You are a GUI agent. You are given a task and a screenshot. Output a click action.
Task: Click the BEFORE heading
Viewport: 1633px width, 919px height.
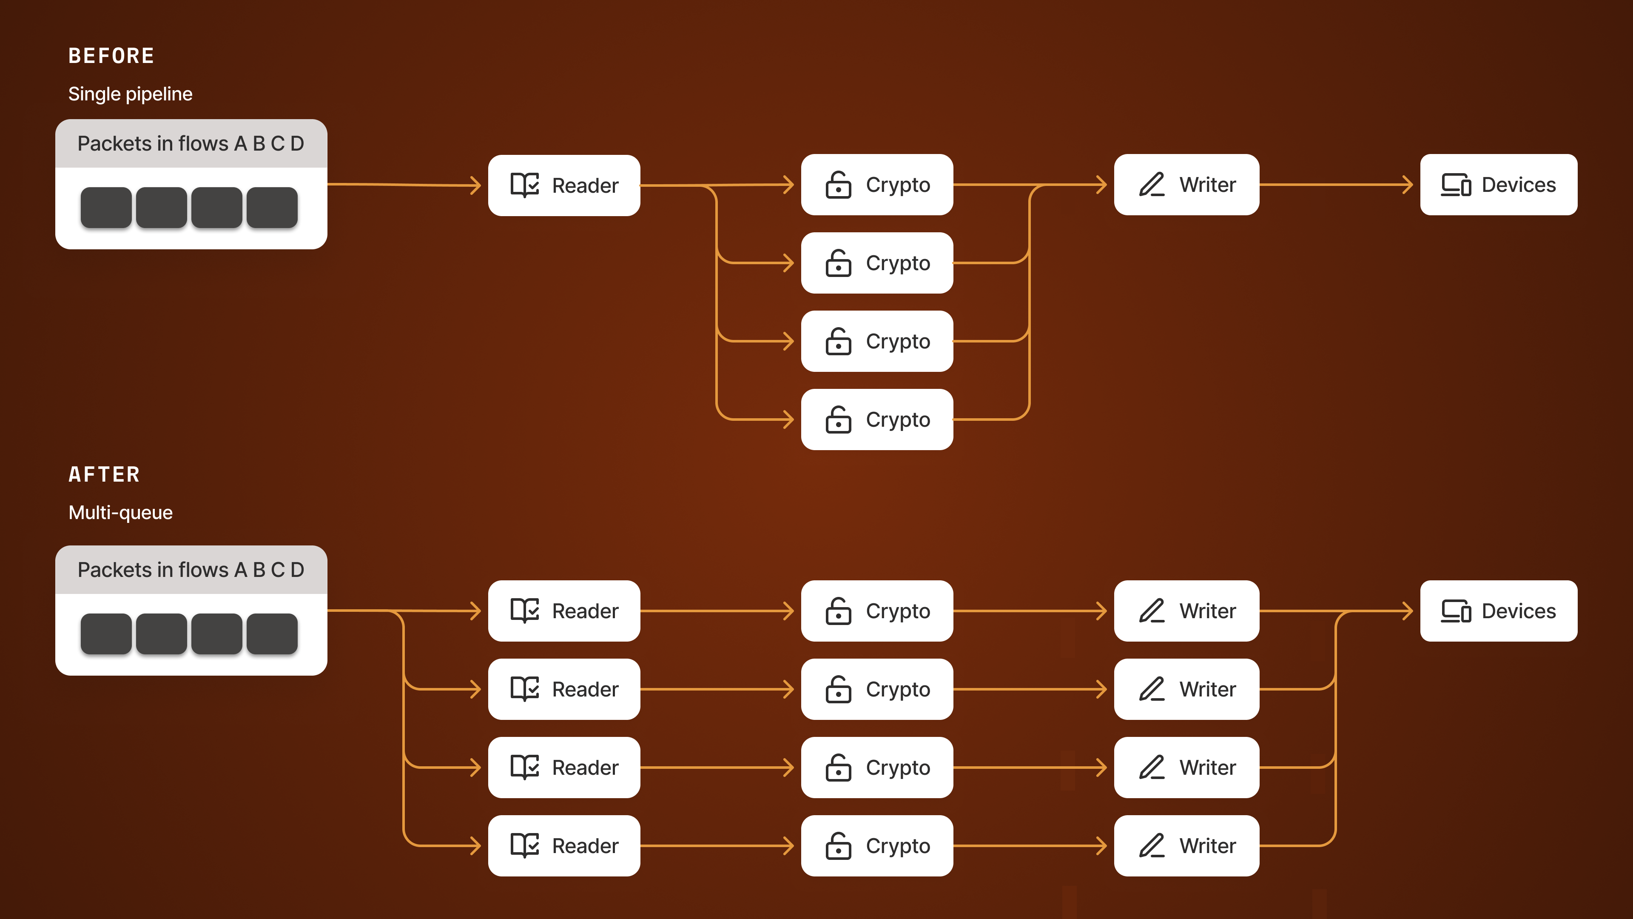pyautogui.click(x=111, y=56)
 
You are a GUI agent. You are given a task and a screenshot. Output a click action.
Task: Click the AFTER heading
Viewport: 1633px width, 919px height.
pyautogui.click(x=104, y=474)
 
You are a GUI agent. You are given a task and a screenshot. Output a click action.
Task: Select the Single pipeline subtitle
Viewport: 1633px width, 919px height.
pyautogui.click(x=131, y=94)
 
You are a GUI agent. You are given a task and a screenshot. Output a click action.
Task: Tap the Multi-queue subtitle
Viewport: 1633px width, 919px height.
pyautogui.click(x=120, y=512)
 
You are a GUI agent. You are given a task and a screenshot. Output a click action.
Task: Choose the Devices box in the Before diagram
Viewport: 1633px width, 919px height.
pyautogui.click(x=1499, y=185)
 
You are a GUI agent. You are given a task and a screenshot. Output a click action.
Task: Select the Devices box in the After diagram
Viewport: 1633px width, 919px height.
pyautogui.click(x=1499, y=611)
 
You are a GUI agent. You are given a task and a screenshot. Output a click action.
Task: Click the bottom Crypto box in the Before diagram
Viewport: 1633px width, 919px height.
pyautogui.click(x=877, y=419)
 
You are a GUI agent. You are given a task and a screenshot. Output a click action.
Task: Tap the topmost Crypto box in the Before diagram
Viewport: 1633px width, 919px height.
pyautogui.click(x=877, y=185)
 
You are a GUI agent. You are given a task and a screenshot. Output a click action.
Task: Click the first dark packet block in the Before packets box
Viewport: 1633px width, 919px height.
pyautogui.click(x=106, y=207)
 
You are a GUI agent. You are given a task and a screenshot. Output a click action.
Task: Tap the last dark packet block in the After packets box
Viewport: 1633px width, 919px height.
pyautogui.click(x=272, y=634)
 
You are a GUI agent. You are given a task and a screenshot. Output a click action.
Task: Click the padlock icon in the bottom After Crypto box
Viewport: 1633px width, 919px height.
pyautogui.click(x=838, y=845)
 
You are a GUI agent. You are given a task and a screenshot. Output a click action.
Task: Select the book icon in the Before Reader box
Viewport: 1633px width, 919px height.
pyautogui.click(x=525, y=185)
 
